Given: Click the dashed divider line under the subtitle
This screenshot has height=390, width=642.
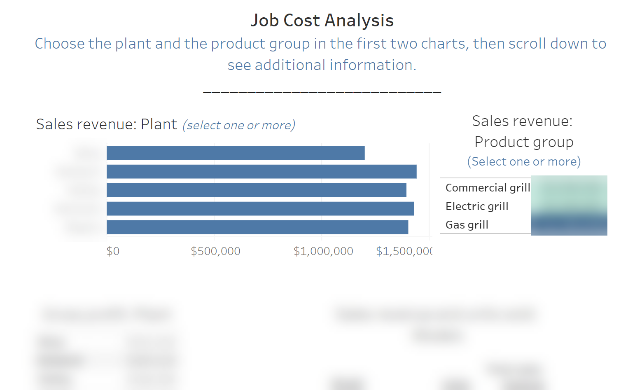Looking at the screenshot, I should tap(322, 92).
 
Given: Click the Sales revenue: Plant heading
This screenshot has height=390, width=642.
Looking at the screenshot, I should tap(106, 124).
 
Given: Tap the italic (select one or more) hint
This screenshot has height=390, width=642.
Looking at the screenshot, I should tap(239, 125).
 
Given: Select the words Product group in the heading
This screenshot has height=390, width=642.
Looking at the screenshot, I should tap(524, 142).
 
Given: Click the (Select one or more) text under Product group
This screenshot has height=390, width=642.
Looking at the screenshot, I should tap(524, 161).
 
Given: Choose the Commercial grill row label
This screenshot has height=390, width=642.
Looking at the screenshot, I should tap(488, 188).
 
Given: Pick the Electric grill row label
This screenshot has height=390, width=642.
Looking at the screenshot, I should tap(477, 206).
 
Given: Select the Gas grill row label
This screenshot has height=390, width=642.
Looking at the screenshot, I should tap(467, 225).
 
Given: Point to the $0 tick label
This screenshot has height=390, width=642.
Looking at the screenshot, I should tap(113, 251).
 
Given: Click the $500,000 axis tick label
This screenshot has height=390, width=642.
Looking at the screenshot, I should tap(215, 251).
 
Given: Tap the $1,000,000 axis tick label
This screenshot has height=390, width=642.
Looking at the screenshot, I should tap(323, 251).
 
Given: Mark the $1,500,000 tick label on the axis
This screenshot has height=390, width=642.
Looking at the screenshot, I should tap(404, 251).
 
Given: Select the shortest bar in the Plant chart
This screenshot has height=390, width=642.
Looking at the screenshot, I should tap(236, 153).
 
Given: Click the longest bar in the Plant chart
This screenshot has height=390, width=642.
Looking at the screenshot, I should tap(261, 172).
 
